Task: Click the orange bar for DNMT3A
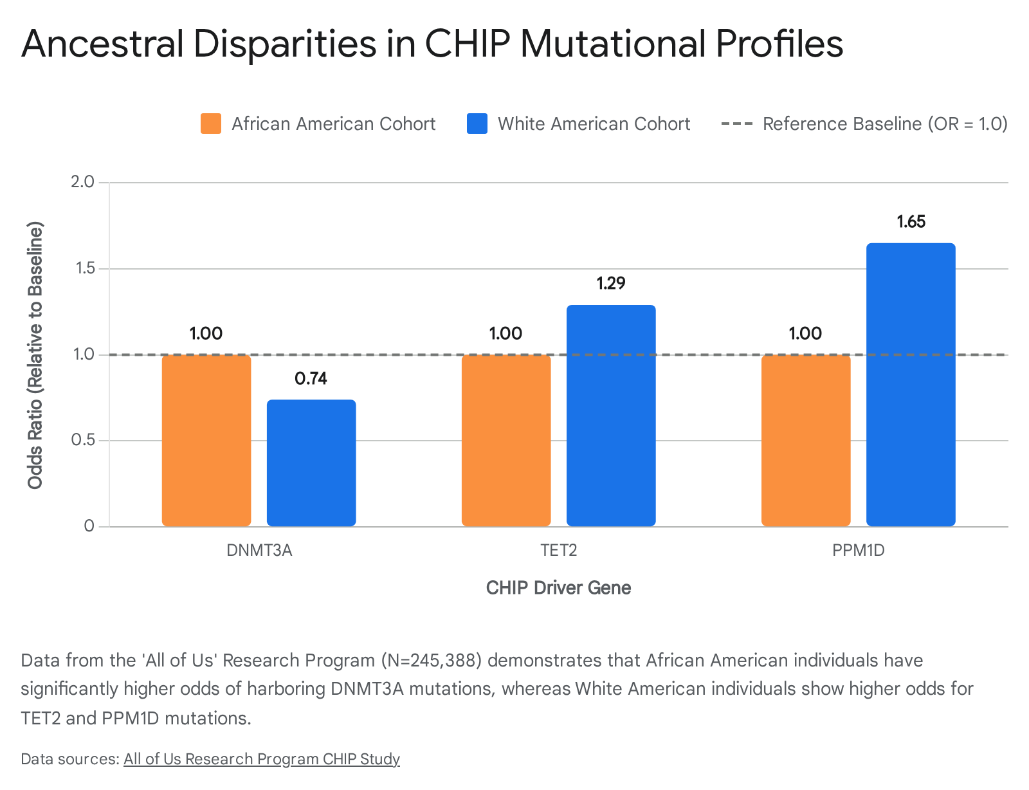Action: point(206,440)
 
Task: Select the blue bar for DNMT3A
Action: point(311,463)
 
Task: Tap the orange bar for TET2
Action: point(505,440)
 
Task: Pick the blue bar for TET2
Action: point(611,416)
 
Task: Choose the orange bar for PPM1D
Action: point(805,440)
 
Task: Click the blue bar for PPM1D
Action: point(911,385)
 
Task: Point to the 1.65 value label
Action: point(911,221)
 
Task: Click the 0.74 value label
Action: point(311,378)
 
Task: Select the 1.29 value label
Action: point(611,283)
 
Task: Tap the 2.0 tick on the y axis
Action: point(82,181)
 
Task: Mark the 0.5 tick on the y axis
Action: point(82,439)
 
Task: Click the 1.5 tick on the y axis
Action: point(85,268)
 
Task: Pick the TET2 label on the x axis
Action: point(559,550)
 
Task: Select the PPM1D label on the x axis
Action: point(859,550)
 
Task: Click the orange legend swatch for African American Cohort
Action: point(211,124)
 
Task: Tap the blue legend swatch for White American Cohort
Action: point(477,124)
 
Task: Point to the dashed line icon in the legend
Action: point(737,124)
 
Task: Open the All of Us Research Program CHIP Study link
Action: point(261,758)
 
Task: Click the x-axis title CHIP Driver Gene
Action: point(558,587)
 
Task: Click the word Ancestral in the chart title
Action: point(102,44)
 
